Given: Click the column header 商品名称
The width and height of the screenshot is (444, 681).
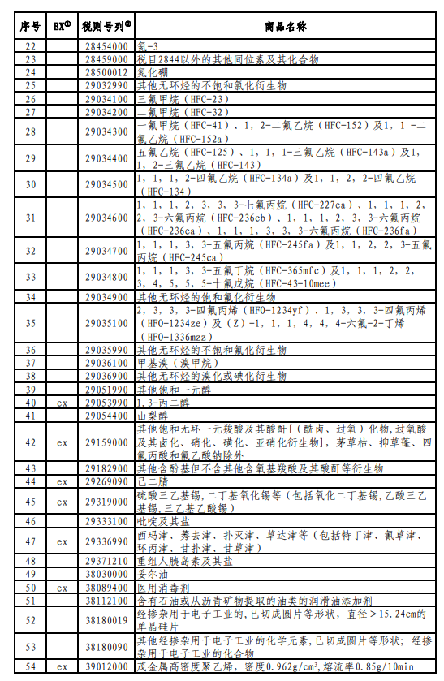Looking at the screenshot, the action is coord(285,27).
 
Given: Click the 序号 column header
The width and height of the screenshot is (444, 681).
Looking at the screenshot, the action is coord(31,27).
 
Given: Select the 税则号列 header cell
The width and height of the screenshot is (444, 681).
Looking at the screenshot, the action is coord(106,27).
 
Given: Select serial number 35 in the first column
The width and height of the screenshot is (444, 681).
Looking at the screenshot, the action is coord(31,323).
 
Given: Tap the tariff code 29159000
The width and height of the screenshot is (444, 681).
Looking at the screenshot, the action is coord(106,443).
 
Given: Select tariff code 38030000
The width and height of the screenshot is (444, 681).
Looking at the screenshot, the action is coord(106,573).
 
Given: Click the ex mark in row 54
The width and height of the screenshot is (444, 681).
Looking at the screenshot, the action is coord(62,667).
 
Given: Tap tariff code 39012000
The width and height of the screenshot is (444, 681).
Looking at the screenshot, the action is coord(106,667).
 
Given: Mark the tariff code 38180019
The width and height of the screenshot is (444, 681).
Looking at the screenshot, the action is coord(106,619).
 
